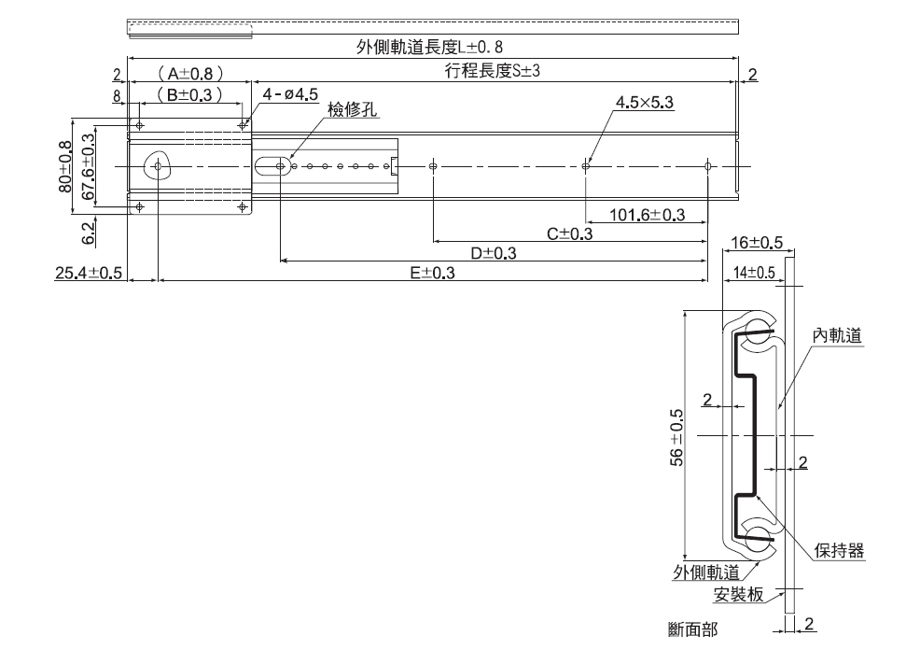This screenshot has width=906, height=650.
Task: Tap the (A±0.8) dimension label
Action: tap(189, 73)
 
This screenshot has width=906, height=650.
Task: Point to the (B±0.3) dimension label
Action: tap(189, 94)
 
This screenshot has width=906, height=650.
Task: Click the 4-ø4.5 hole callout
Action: tap(291, 94)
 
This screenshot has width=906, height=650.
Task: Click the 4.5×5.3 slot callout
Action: tap(645, 103)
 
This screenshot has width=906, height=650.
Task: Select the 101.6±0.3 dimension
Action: tap(647, 216)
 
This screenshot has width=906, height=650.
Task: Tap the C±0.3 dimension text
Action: tap(569, 233)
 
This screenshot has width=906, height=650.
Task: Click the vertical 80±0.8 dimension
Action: tap(65, 167)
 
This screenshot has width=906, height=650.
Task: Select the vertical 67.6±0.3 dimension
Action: tap(89, 167)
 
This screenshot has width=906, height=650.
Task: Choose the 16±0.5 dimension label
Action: tap(757, 244)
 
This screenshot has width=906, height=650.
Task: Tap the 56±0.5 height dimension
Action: tap(677, 436)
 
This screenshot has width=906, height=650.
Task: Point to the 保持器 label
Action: tap(839, 551)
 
